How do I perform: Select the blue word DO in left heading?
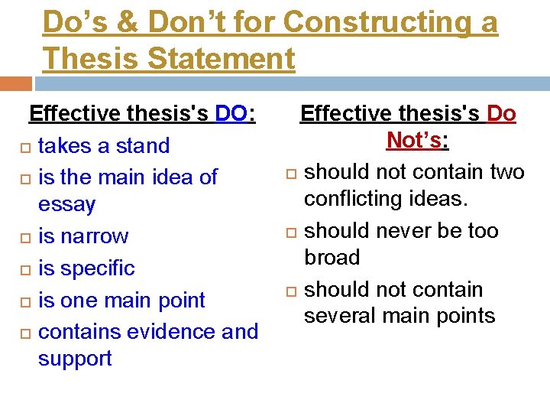[x=231, y=114]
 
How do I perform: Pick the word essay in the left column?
[x=66, y=204]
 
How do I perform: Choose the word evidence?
[x=167, y=331]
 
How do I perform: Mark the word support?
[x=75, y=358]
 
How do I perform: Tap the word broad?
[x=332, y=258]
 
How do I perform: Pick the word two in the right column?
[x=506, y=171]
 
